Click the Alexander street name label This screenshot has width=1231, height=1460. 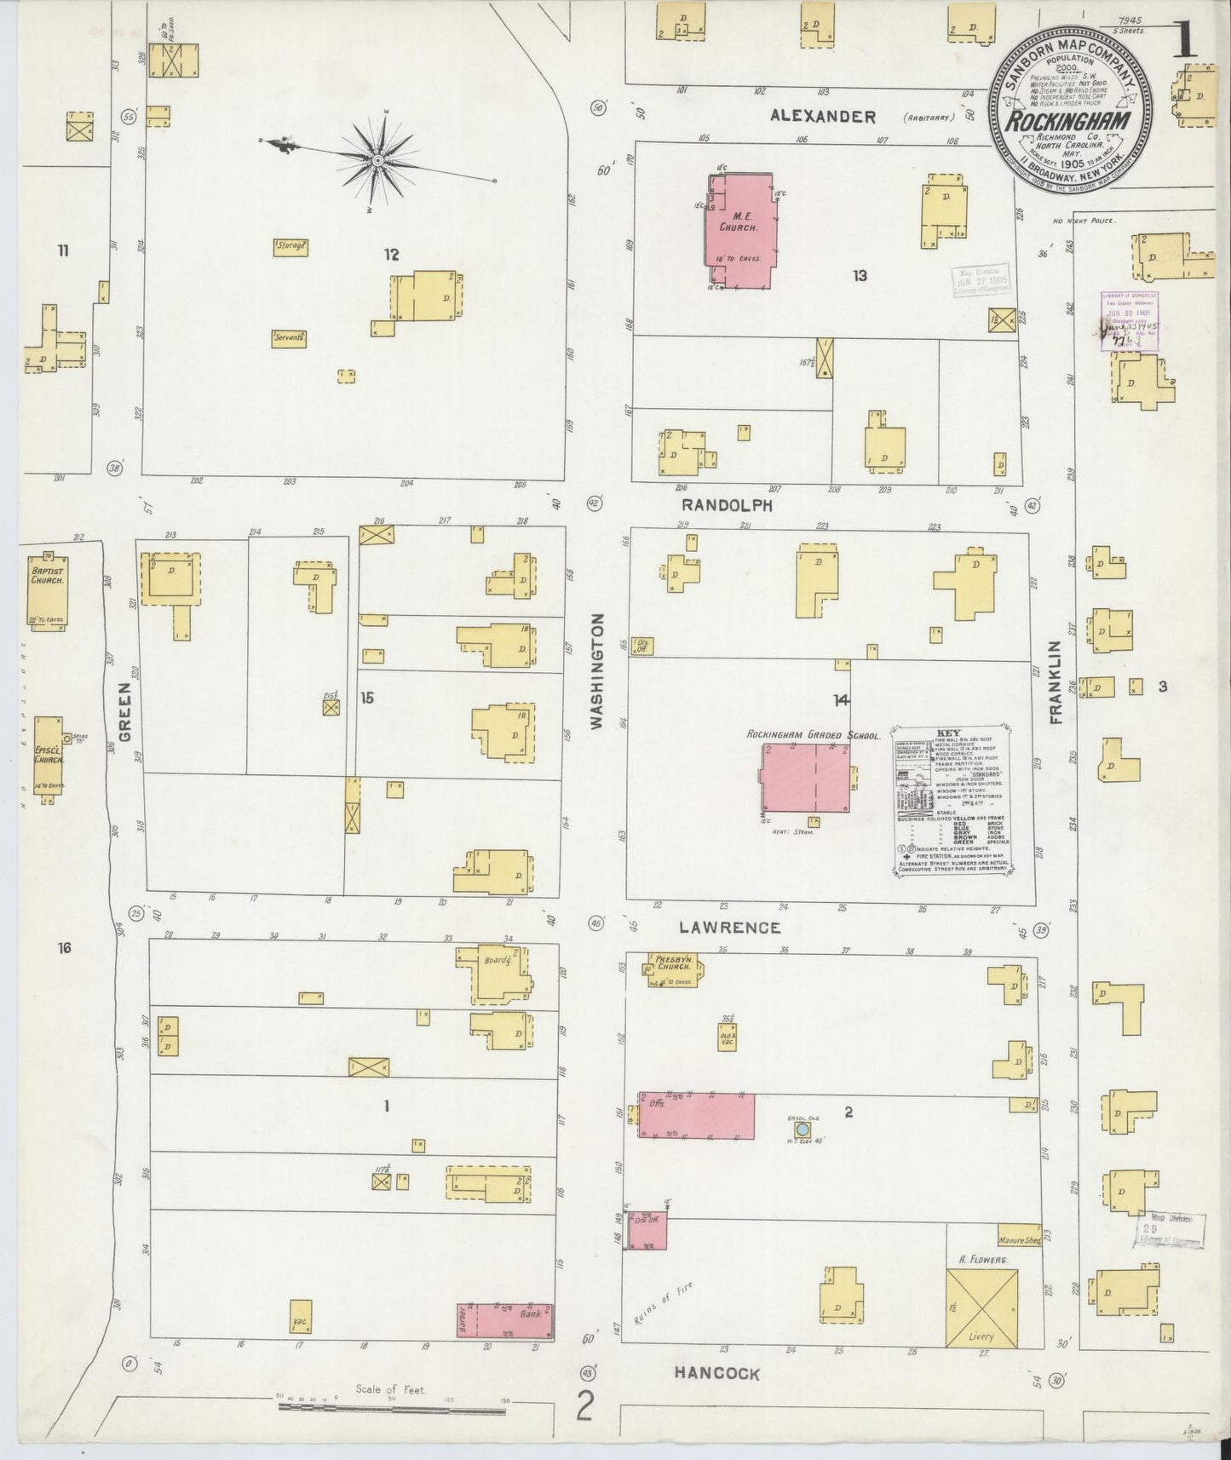pos(822,117)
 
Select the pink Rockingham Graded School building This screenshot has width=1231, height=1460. pos(805,777)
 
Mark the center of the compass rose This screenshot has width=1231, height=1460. pos(377,158)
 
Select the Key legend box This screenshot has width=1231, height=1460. pos(952,801)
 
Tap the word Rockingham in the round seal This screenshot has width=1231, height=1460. pos(1071,120)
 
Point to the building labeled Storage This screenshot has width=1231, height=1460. pos(290,247)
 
